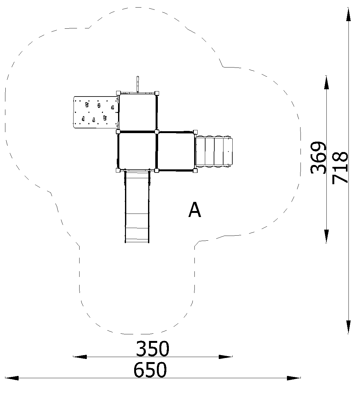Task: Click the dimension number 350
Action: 152,348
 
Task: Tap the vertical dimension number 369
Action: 318,158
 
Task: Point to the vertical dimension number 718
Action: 340,168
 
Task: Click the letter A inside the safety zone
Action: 194,210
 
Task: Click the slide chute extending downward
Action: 137,207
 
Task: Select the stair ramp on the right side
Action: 214,151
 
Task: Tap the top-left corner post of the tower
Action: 118,93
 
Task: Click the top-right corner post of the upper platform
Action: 157,93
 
